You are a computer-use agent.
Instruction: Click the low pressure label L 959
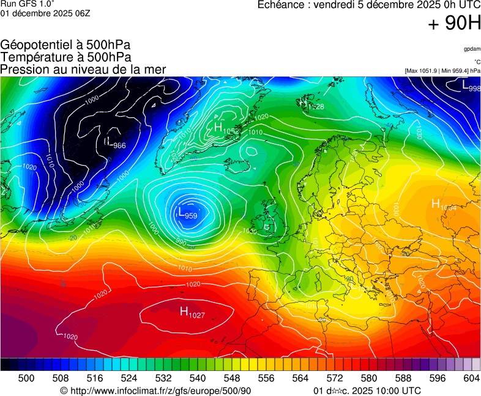(x=187, y=213)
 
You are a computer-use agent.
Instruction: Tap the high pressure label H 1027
(x=192, y=313)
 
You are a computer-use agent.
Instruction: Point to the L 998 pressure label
(x=471, y=87)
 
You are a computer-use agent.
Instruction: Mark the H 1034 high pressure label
(x=444, y=205)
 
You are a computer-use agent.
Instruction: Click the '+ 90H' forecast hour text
(x=454, y=24)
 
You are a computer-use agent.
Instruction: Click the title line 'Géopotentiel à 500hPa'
(x=65, y=45)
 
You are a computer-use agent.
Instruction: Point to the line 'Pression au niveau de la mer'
(x=83, y=69)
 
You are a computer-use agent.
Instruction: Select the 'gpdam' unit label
(x=472, y=48)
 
